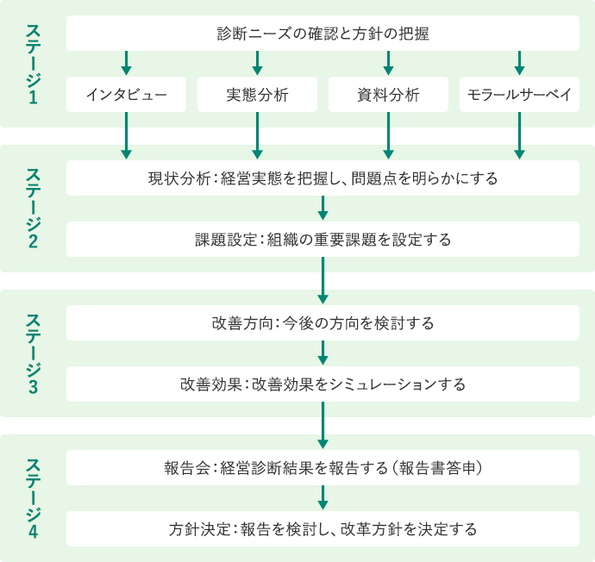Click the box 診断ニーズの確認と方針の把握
pos(323,34)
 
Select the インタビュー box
pos(127,95)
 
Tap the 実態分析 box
pos(257,95)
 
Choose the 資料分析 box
pos(388,95)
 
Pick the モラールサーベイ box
pos(519,95)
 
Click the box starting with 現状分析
pos(323,178)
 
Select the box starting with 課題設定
pos(323,240)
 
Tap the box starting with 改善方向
pos(323,323)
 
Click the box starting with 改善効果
pos(323,384)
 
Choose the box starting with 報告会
pos(323,468)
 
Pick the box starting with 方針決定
pos(323,529)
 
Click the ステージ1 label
pos(34,64)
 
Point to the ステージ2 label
pos(34,209)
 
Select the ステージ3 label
pos(34,353)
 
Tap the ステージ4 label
pos(34,499)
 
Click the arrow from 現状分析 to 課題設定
pos(323,209)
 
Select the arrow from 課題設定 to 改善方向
pos(323,281)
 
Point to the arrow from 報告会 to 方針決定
pos(323,498)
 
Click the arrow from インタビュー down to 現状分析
pos(127,136)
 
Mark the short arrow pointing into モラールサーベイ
pos(519,63)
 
